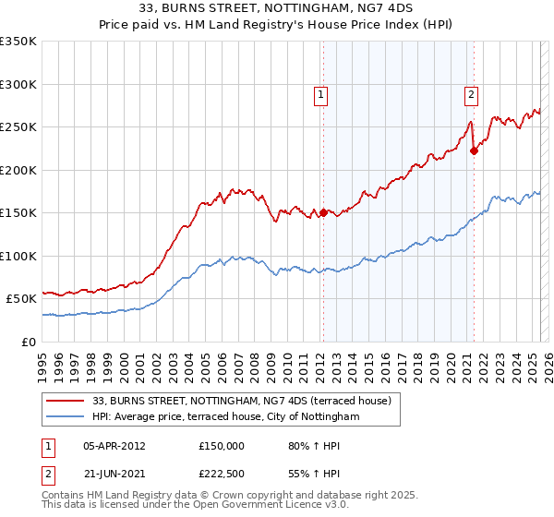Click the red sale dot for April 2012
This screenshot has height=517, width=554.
click(323, 212)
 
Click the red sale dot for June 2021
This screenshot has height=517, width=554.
click(474, 151)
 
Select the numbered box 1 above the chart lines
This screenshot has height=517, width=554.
click(320, 93)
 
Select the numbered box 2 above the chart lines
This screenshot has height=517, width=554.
click(471, 93)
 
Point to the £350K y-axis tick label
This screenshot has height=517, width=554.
click(18, 42)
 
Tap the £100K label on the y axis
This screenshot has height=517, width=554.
click(18, 256)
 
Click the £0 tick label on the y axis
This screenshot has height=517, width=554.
click(28, 342)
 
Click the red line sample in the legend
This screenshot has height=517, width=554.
click(66, 401)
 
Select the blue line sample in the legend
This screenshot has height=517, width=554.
click(66, 417)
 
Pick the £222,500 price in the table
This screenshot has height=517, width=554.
click(222, 474)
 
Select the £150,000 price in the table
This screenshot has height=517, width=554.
click(222, 446)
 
